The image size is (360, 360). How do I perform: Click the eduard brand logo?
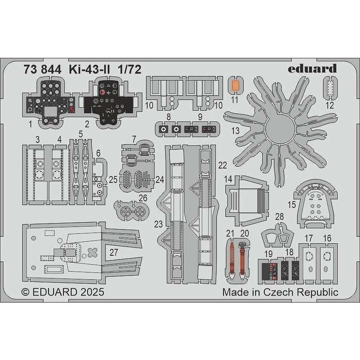(x=312, y=68)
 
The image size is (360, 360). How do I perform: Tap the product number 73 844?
(x=42, y=70)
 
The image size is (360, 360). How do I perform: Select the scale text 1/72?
(x=129, y=70)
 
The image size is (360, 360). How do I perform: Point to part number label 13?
(x=235, y=131)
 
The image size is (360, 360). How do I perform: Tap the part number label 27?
(x=114, y=252)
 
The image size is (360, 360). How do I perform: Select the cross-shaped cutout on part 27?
(x=92, y=253)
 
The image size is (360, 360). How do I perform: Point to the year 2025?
(x=92, y=292)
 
